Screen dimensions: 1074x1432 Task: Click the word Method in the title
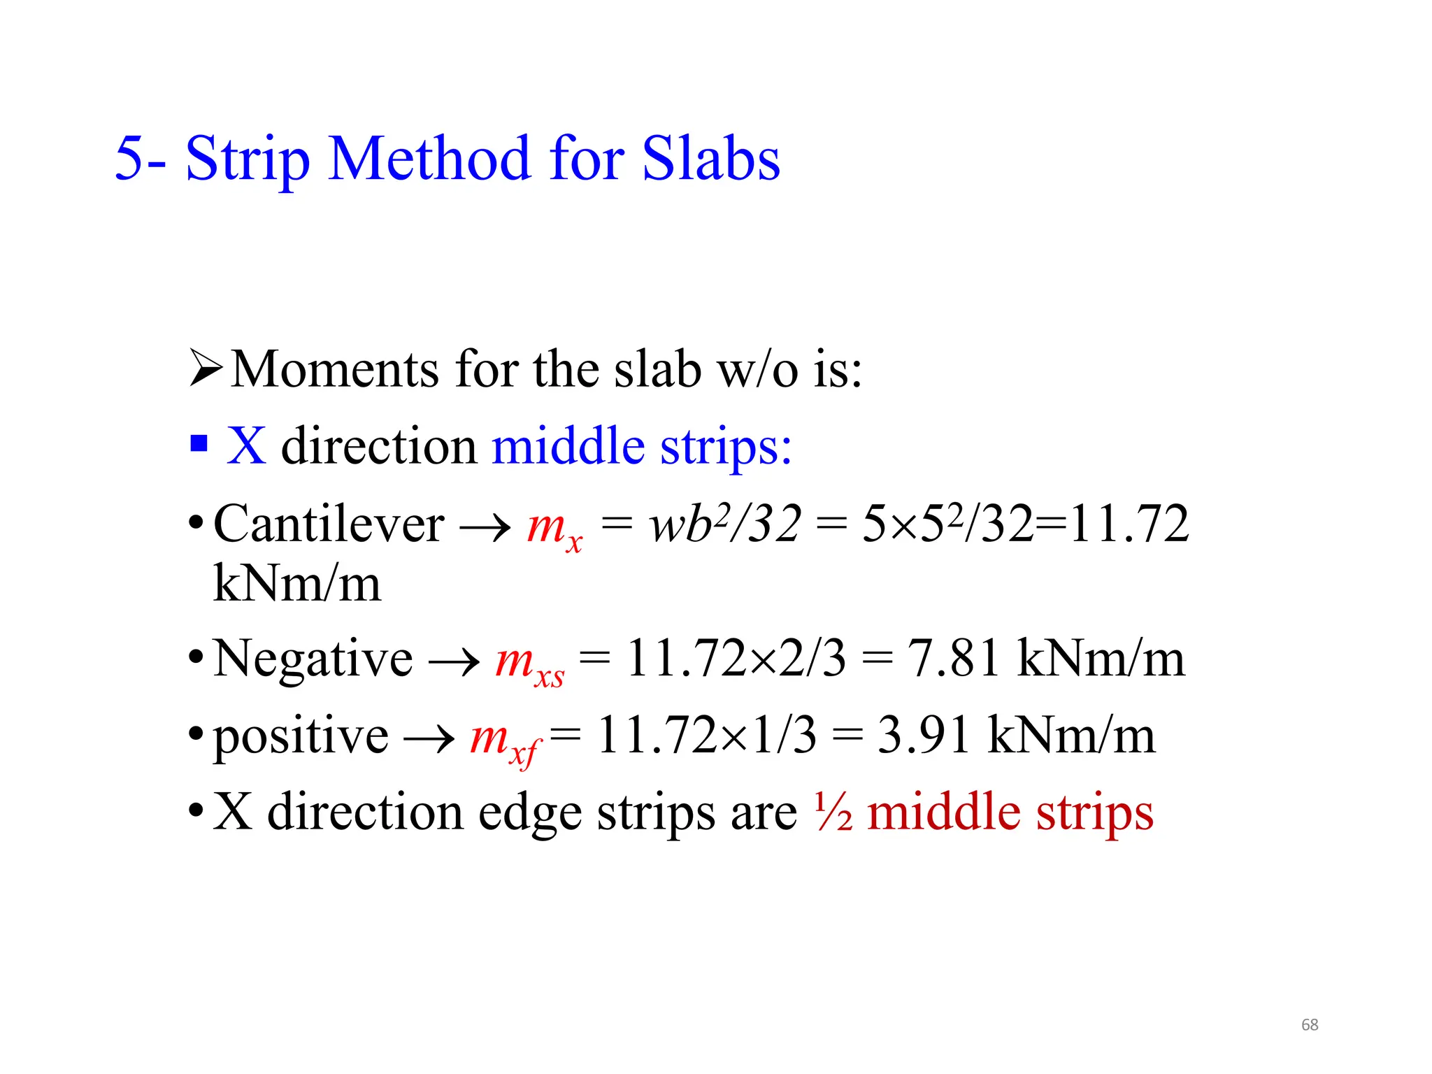(x=429, y=159)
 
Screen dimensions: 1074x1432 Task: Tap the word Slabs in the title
(x=710, y=159)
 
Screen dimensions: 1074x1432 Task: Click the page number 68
(x=1309, y=1024)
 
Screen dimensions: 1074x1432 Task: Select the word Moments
(x=336, y=369)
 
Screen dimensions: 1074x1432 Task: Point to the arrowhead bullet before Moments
(x=206, y=369)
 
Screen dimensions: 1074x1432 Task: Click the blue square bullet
(x=199, y=443)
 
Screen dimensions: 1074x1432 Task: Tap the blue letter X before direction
(x=246, y=445)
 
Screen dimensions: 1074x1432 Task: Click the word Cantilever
(x=329, y=524)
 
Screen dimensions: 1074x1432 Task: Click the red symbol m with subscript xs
(x=529, y=662)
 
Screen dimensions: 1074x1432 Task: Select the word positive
(x=301, y=737)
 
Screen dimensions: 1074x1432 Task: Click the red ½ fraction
(x=833, y=812)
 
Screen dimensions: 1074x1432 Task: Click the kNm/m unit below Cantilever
(x=297, y=583)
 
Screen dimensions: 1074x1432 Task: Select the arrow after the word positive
(x=429, y=738)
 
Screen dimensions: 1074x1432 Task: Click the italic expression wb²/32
(x=724, y=524)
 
